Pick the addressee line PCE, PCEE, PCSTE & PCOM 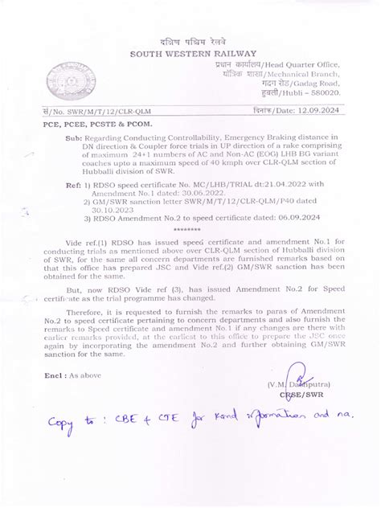[x=95, y=125]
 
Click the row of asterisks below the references [x=186, y=229]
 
